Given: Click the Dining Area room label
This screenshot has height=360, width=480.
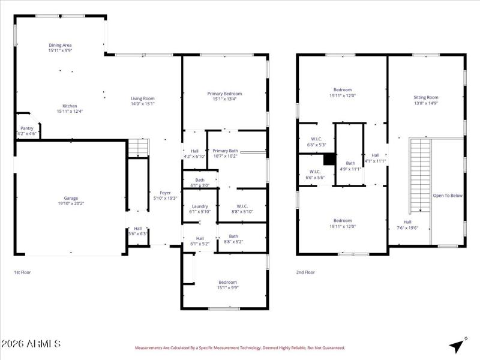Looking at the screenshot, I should tap(60, 45).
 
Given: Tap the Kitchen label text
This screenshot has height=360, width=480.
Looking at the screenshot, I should tap(70, 106).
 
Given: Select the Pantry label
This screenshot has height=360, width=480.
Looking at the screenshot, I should tap(27, 128).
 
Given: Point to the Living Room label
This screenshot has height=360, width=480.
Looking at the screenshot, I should tap(143, 98).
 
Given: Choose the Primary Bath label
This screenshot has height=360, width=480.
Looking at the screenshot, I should tap(225, 151).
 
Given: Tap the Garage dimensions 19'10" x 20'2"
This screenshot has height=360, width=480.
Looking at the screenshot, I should tap(71, 203).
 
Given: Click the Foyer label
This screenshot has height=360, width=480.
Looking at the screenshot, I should tap(165, 193).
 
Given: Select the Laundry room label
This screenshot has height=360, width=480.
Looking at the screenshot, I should tap(200, 206).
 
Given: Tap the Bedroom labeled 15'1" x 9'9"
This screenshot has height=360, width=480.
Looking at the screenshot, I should tap(227, 282).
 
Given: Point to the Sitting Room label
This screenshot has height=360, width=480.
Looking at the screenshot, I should tap(426, 97).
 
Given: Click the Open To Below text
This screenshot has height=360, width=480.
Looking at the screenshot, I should tap(448, 196).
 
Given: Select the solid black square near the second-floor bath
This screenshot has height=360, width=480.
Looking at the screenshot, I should tap(329, 160).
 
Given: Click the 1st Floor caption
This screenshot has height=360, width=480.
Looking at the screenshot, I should tap(23, 272).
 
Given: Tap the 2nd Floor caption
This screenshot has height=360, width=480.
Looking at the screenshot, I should tap(305, 272).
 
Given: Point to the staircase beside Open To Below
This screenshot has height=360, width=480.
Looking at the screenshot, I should tap(420, 174).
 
